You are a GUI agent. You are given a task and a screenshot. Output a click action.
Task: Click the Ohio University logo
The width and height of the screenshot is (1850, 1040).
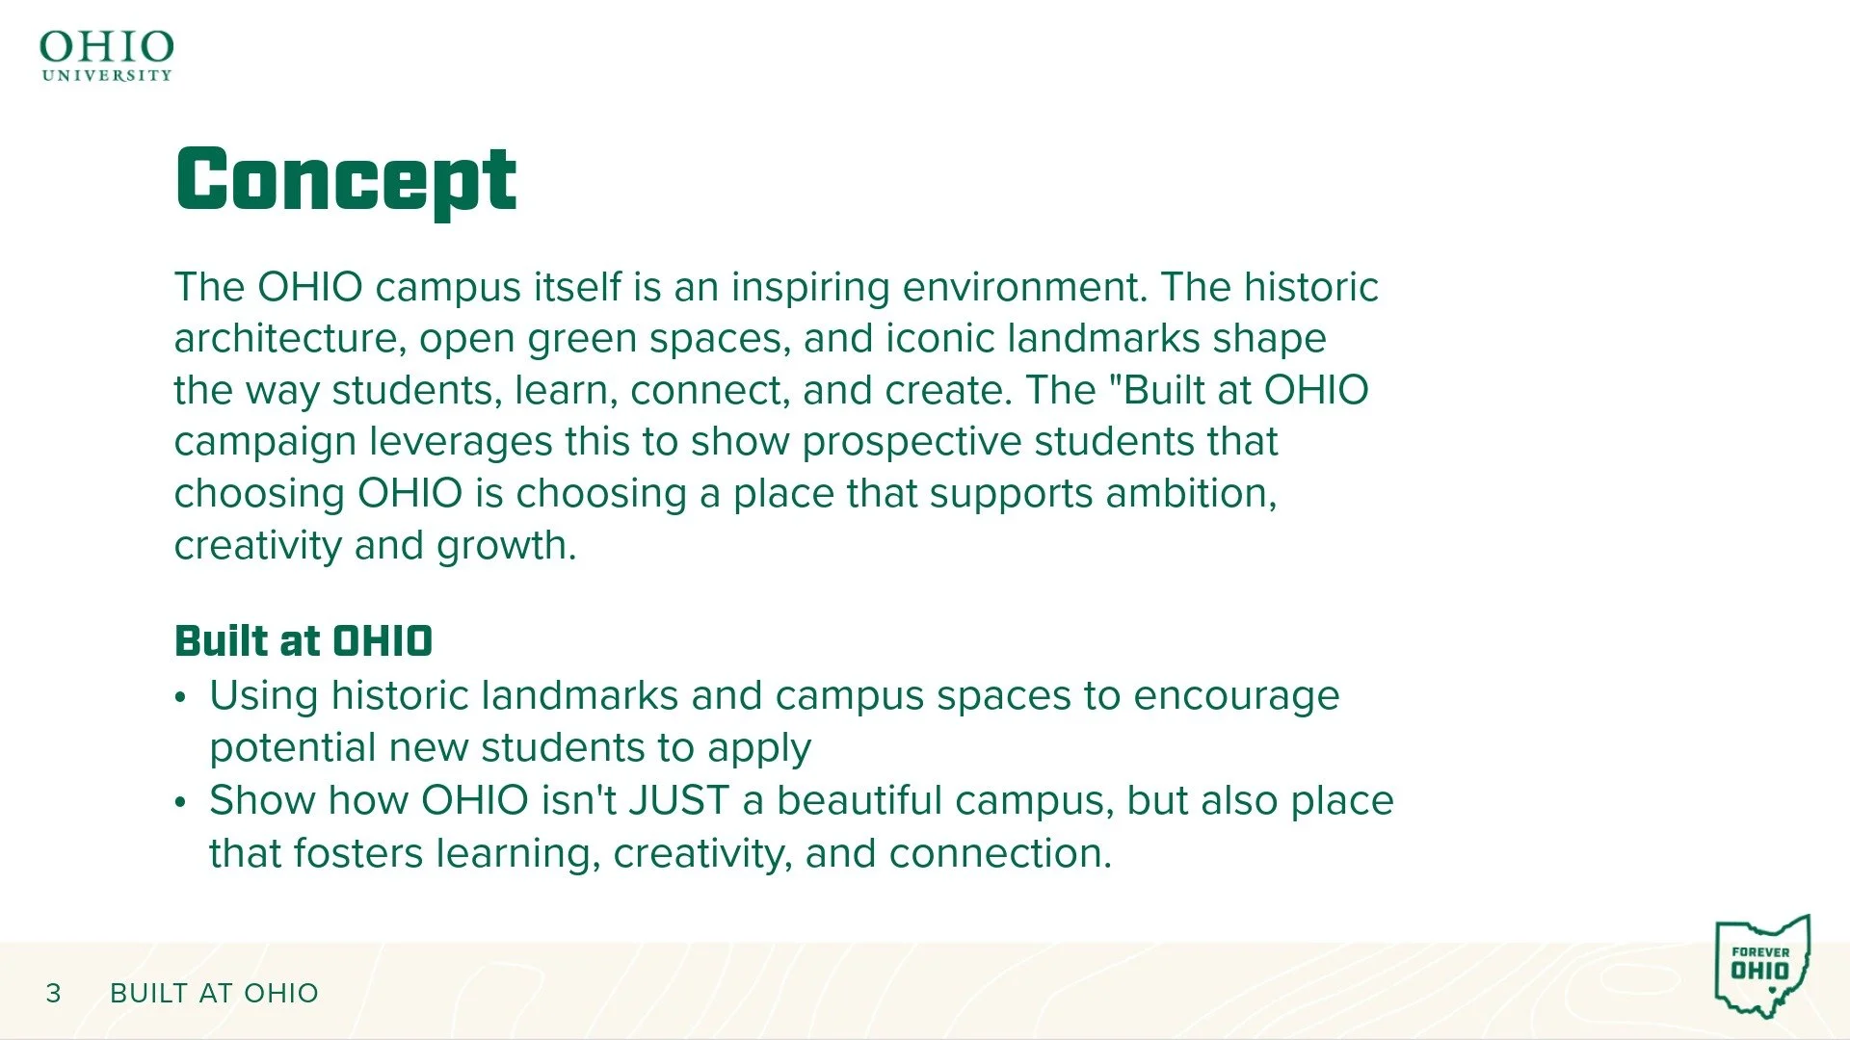[x=106, y=56]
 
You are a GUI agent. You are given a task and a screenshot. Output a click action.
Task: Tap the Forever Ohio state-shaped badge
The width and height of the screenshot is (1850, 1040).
[x=1762, y=966]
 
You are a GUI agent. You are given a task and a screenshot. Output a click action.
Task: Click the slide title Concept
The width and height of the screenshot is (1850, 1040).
[x=346, y=181]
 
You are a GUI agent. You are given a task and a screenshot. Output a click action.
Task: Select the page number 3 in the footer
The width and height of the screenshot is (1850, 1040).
[x=54, y=993]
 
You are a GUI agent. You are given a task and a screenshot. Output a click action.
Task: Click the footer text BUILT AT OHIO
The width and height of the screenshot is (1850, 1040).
[x=214, y=993]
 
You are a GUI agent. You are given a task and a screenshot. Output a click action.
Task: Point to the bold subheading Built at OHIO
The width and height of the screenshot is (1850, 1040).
[x=304, y=641]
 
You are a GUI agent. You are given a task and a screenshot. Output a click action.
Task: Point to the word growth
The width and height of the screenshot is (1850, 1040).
[x=506, y=547]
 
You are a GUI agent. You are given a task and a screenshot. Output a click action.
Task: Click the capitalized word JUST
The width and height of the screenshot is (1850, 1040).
[x=678, y=801]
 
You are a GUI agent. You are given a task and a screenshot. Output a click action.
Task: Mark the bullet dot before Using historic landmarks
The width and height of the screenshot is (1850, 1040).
[x=180, y=697]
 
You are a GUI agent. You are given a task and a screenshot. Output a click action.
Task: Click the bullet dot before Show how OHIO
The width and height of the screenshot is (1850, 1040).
[x=180, y=802]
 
